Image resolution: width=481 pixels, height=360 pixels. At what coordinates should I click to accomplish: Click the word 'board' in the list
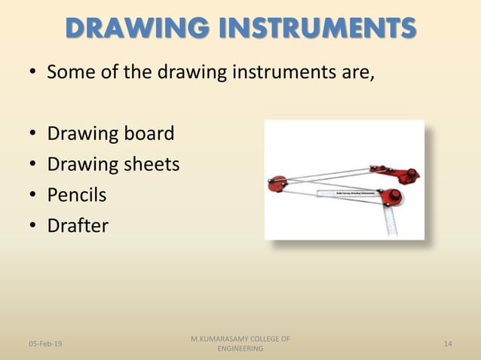point(149,134)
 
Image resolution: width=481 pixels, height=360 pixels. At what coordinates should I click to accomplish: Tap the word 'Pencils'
point(76,195)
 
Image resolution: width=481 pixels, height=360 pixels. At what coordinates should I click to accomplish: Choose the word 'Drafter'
point(78,225)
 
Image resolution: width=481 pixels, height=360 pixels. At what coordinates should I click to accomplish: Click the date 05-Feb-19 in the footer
point(45,343)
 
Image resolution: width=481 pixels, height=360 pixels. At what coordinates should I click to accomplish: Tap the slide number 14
point(448,343)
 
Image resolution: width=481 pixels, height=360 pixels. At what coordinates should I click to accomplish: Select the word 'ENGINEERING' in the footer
point(240,349)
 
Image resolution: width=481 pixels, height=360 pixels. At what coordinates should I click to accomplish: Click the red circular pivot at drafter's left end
point(278,182)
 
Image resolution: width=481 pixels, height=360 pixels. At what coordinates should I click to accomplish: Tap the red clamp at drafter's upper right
point(409,175)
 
